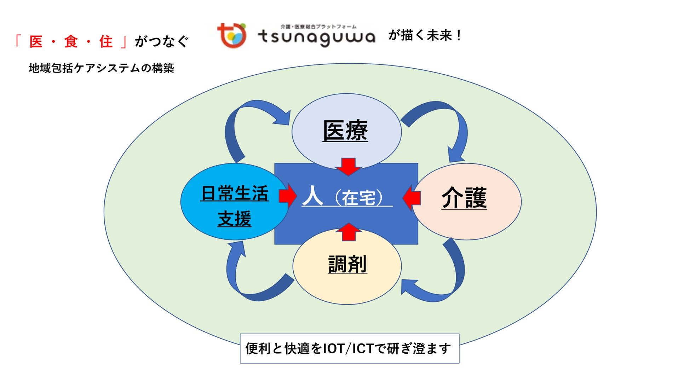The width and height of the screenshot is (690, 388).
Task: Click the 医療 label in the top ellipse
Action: (345, 131)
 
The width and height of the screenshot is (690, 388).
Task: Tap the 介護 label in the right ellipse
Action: (464, 197)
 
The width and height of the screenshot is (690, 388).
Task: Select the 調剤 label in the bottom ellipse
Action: (347, 264)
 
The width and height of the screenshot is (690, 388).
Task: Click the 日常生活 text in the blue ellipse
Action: (234, 193)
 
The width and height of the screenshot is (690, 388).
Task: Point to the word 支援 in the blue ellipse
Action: (234, 219)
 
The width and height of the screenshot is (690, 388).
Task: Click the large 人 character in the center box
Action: (313, 196)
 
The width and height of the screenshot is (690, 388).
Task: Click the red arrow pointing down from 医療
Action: (349, 167)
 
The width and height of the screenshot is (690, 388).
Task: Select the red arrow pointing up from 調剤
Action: (349, 232)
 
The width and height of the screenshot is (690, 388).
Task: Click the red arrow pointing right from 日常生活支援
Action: (287, 195)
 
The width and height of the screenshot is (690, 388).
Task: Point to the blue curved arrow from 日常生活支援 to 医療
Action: (248, 120)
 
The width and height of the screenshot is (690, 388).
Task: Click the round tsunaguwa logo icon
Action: (232, 36)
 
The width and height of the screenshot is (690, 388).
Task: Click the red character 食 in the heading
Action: (71, 42)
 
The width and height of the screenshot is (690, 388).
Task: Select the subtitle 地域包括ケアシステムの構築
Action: (101, 68)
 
